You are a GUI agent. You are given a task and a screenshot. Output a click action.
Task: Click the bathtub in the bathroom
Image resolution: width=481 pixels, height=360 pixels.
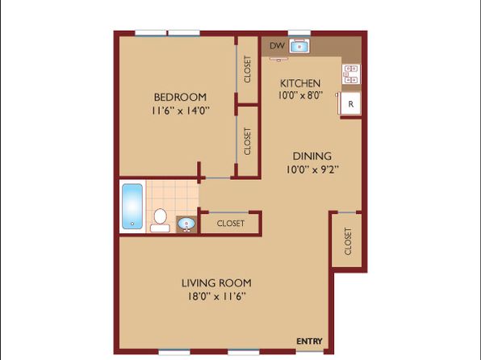pos(132,207)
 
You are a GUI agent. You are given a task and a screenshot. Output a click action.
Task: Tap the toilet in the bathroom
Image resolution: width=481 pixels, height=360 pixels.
pos(160,220)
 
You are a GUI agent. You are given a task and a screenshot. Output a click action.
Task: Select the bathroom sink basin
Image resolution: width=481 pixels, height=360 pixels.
pos(186,224)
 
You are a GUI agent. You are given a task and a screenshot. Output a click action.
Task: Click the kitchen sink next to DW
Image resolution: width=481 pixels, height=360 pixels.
pos(299,46)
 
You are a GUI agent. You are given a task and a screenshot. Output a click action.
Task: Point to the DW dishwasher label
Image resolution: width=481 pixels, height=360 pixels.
pos(277,46)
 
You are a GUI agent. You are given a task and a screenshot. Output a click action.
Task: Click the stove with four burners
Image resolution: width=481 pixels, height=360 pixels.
pos(351,74)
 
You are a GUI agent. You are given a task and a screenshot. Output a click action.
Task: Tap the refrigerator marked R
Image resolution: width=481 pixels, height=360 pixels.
pos(350,104)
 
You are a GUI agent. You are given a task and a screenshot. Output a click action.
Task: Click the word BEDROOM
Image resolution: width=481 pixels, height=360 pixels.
pos(180,98)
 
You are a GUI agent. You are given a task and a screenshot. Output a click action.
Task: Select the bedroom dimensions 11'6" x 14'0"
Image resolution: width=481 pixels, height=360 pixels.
pos(181,111)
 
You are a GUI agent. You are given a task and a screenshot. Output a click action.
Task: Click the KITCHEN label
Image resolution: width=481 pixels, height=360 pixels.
pos(300,83)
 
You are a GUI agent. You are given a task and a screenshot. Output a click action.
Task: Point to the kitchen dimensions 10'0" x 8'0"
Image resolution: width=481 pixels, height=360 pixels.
pos(300,95)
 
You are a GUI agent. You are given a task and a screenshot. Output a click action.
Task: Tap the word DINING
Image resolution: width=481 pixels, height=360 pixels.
pos(312,157)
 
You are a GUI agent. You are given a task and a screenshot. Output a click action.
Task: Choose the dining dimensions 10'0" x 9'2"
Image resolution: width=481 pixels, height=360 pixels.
pos(312,170)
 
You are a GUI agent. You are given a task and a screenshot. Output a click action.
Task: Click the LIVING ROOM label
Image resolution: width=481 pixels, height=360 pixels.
pos(216,283)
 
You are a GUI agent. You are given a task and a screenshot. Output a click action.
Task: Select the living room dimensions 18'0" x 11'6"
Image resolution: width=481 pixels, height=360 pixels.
pos(217,296)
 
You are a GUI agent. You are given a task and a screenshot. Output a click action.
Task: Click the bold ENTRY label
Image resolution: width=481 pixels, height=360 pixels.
pos(310,341)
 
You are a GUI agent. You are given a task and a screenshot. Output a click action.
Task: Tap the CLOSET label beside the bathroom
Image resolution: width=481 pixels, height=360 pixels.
pos(231,224)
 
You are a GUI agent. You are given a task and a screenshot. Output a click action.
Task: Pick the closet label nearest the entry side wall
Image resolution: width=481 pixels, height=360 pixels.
pos(348,241)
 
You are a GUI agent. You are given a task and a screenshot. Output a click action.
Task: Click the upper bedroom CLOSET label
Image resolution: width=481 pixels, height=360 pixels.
pos(248,69)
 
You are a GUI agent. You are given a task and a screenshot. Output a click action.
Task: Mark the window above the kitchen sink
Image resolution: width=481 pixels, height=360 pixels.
pos(299,33)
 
